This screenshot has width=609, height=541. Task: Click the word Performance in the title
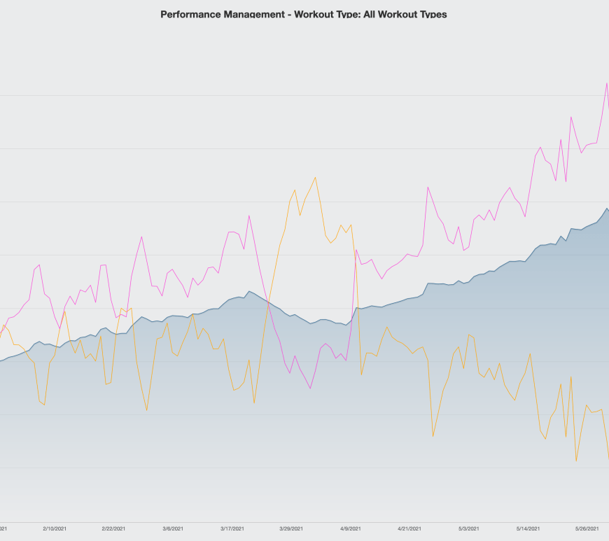(x=186, y=14)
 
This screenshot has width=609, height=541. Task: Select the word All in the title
(x=369, y=14)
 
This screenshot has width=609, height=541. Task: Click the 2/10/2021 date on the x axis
(x=55, y=529)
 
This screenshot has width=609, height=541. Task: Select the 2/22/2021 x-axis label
(x=113, y=529)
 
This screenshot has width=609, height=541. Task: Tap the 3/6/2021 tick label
(x=173, y=529)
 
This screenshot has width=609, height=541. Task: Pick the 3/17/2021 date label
(x=232, y=529)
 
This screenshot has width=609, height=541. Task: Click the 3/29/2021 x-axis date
(x=291, y=529)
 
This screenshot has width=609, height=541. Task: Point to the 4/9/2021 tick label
(x=351, y=529)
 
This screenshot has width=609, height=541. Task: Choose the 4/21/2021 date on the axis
(x=409, y=529)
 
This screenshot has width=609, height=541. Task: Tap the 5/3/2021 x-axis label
(x=469, y=529)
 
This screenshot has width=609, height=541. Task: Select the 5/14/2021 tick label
(x=528, y=529)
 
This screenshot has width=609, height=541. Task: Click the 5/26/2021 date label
(x=587, y=529)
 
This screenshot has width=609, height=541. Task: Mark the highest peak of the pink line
(x=606, y=83)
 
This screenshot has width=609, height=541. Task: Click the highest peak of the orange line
(x=316, y=177)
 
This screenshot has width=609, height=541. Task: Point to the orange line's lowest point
(x=576, y=461)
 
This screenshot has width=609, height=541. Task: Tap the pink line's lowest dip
(x=310, y=388)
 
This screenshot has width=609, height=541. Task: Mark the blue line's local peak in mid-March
(x=248, y=291)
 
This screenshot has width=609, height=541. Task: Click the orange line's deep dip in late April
(x=433, y=437)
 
